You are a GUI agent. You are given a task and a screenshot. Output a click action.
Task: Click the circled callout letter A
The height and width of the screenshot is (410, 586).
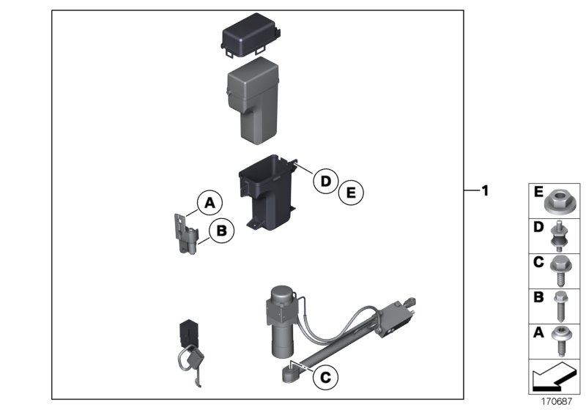(209, 201)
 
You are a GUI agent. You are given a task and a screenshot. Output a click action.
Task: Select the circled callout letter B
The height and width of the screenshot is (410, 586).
(221, 231)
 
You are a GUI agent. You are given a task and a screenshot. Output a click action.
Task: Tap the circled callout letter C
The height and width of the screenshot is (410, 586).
(324, 378)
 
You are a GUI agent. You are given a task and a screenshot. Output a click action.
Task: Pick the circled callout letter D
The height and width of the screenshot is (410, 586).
(323, 181)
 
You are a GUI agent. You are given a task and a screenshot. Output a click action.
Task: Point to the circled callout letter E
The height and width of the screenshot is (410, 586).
(350, 193)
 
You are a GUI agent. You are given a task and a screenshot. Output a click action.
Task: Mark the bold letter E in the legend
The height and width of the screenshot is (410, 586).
(538, 193)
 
